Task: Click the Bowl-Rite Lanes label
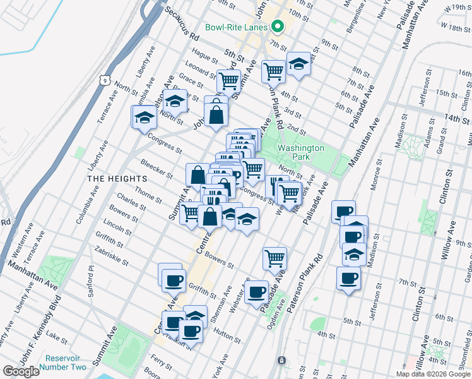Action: pyautogui.click(x=237, y=27)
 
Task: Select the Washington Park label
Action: pyautogui.click(x=301, y=152)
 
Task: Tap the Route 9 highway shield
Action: pyautogui.click(x=107, y=80)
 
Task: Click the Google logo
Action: pyautogui.click(x=21, y=371)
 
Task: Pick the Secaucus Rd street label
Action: pyautogui.click(x=181, y=25)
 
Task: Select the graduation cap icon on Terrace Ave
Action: pyautogui.click(x=144, y=117)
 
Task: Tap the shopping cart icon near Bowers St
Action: pyautogui.click(x=274, y=258)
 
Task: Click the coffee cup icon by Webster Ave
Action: pyautogui.click(x=257, y=292)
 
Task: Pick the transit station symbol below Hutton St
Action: pyautogui.click(x=282, y=360)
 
